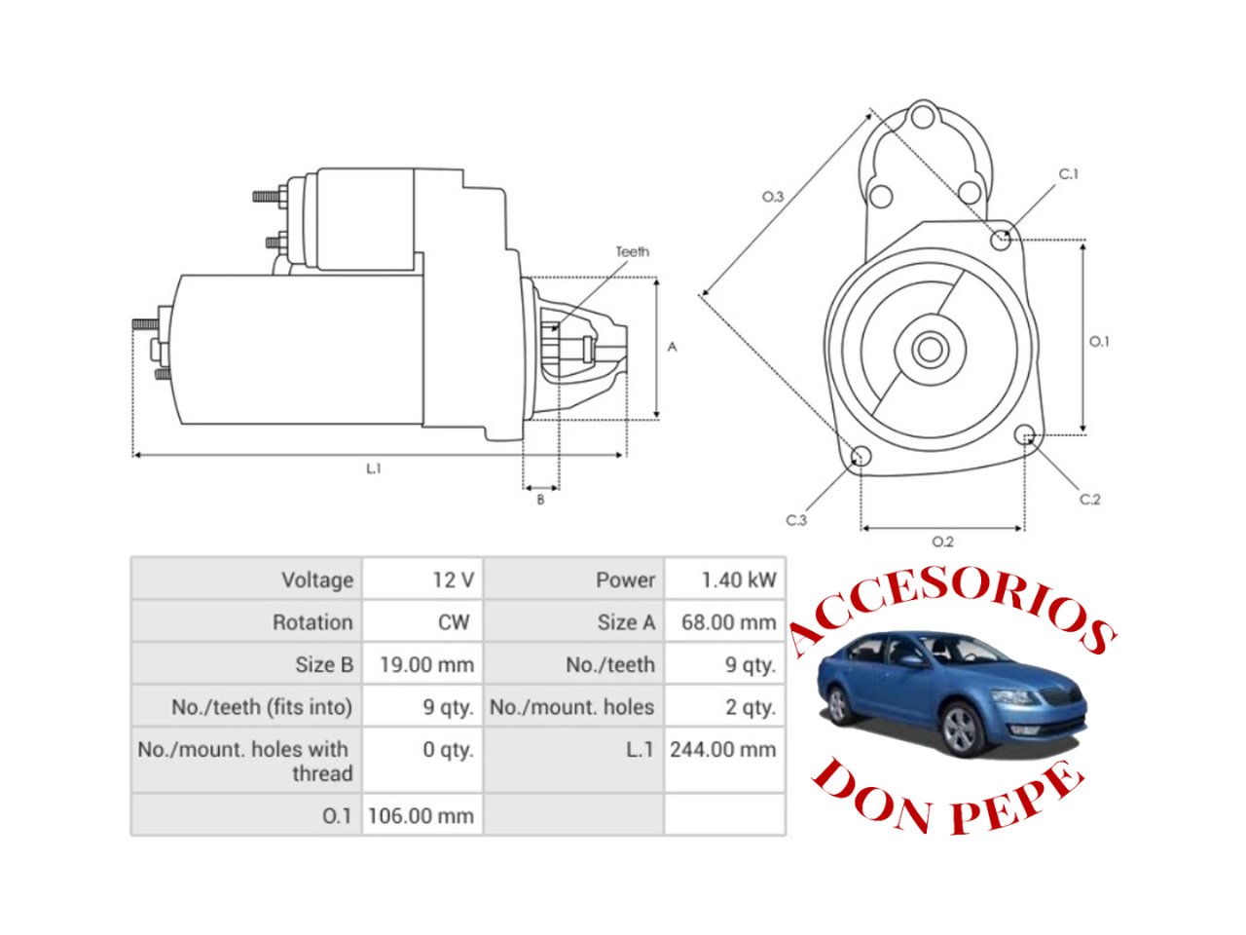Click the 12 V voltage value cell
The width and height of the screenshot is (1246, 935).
(453, 580)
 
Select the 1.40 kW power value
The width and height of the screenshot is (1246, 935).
(739, 580)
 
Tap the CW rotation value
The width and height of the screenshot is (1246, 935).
(454, 622)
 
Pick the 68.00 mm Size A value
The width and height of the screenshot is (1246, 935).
(728, 622)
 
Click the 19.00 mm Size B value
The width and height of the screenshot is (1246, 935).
(426, 665)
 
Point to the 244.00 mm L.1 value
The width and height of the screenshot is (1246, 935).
(722, 750)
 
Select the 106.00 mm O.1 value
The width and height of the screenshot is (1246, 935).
(421, 816)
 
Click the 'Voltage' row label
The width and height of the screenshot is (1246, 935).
(317, 580)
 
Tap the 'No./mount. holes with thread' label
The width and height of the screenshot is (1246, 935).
(244, 762)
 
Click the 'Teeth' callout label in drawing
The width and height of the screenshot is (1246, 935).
(632, 251)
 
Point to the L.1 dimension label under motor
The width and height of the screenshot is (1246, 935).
(374, 468)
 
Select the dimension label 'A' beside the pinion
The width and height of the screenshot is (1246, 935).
(672, 347)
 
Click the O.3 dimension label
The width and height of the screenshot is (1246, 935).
(772, 197)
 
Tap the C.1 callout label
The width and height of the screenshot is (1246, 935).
(1068, 174)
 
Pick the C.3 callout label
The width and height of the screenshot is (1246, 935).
(796, 520)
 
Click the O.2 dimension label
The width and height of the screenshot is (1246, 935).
(942, 542)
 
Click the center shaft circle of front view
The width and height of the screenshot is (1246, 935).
(930, 349)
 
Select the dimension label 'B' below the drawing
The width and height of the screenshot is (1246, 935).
(541, 500)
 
